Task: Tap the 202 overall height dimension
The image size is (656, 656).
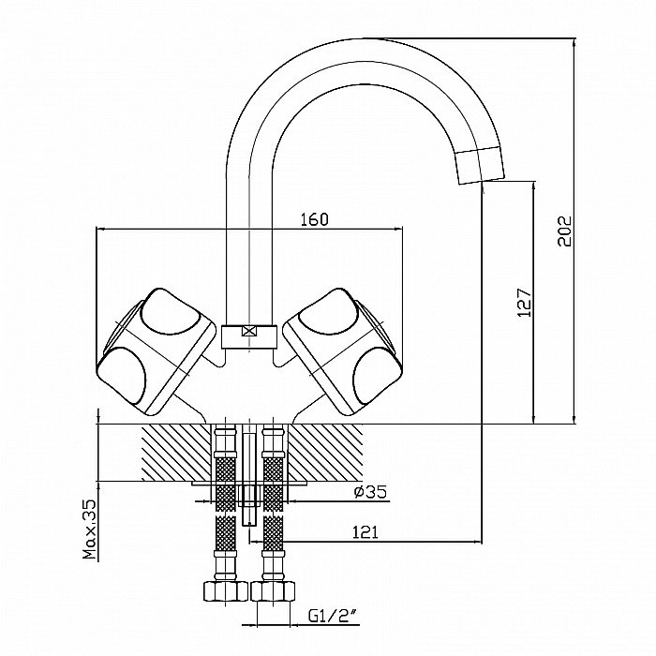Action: (x=564, y=229)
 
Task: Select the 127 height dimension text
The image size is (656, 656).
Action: (x=525, y=301)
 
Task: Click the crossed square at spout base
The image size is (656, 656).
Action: (x=248, y=331)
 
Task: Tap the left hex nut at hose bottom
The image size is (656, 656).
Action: (x=222, y=591)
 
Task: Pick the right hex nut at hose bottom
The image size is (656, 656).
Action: (x=274, y=591)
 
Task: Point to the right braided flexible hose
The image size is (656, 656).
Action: (x=274, y=506)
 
